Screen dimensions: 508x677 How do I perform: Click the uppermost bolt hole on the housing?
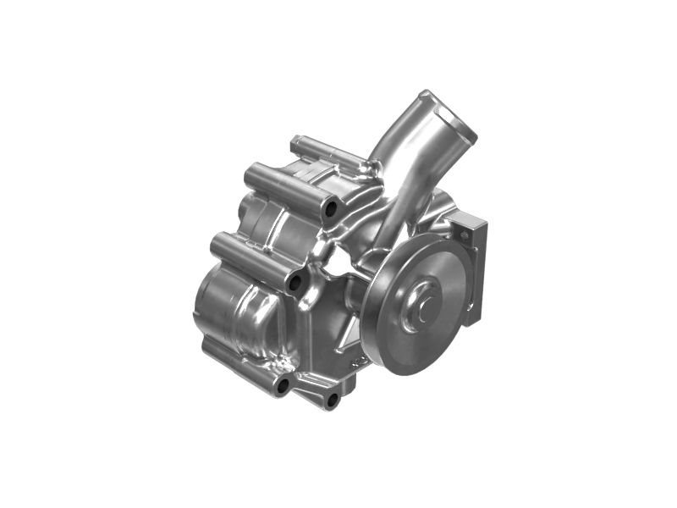coord(331,207)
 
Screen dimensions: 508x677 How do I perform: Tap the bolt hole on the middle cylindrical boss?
coord(294,282)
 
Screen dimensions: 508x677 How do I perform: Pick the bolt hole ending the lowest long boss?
coord(283,386)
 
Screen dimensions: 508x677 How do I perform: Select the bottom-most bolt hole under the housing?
coord(332,398)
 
